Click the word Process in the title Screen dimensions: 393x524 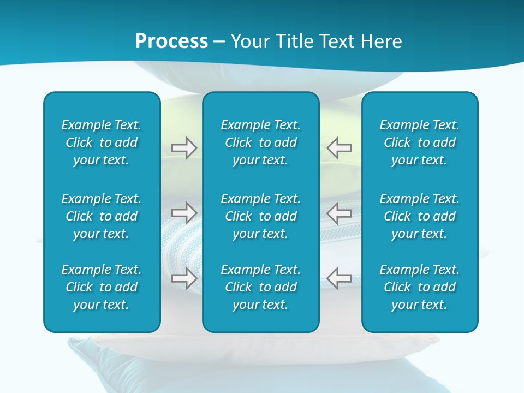pyautogui.click(x=171, y=41)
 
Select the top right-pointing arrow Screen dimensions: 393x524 pyautogui.click(x=184, y=148)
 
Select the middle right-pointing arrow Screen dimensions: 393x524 pyautogui.click(x=184, y=212)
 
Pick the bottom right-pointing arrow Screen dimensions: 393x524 pyautogui.click(x=184, y=278)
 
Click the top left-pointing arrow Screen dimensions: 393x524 pyautogui.click(x=340, y=147)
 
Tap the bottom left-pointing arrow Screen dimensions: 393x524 pyautogui.click(x=340, y=278)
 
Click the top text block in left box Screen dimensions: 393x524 pyautogui.click(x=102, y=142)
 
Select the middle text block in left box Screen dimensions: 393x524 pyautogui.click(x=102, y=216)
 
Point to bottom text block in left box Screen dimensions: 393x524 pyautogui.click(x=102, y=287)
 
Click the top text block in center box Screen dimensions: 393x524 pyautogui.click(x=260, y=142)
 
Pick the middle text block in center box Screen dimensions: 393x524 pyautogui.click(x=260, y=216)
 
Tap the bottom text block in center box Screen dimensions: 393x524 pyautogui.click(x=260, y=287)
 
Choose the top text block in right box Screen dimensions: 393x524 pyautogui.click(x=419, y=142)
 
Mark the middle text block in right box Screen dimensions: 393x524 pyautogui.click(x=419, y=216)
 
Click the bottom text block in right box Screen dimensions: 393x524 pyautogui.click(x=419, y=287)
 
